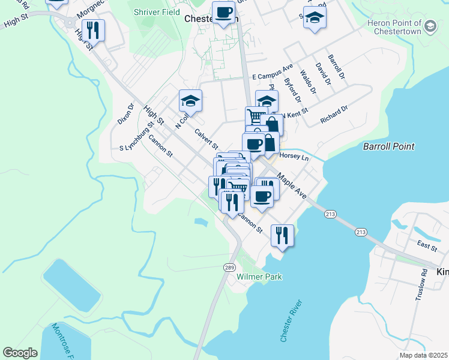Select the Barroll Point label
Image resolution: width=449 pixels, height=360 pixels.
(389, 146)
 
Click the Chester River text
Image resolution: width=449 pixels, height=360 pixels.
(289, 322)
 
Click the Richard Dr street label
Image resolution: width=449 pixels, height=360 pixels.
(334, 115)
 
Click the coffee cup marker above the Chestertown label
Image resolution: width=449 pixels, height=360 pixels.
(224, 12)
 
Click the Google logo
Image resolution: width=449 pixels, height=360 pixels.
(20, 353)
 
